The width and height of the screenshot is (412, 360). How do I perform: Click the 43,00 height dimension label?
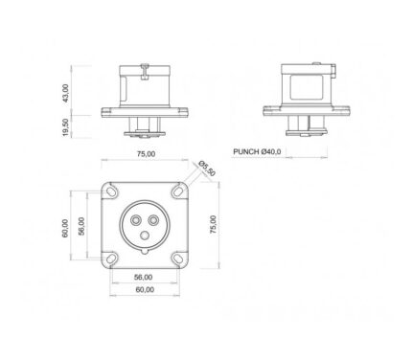[65, 93]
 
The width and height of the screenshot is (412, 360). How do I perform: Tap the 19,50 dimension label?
[65, 127]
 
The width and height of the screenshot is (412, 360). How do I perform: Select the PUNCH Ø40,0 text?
[257, 151]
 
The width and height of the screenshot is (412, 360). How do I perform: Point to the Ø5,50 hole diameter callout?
[207, 169]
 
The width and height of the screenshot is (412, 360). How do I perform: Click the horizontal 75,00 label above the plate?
[146, 154]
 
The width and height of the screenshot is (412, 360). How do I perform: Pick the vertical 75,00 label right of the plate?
[213, 225]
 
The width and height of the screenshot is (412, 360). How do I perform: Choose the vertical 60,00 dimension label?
[65, 228]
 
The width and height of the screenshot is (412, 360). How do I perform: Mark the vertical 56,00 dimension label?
[81, 226]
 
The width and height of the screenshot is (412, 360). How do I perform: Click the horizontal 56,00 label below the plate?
[143, 278]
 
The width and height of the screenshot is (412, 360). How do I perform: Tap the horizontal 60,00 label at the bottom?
[145, 289]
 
